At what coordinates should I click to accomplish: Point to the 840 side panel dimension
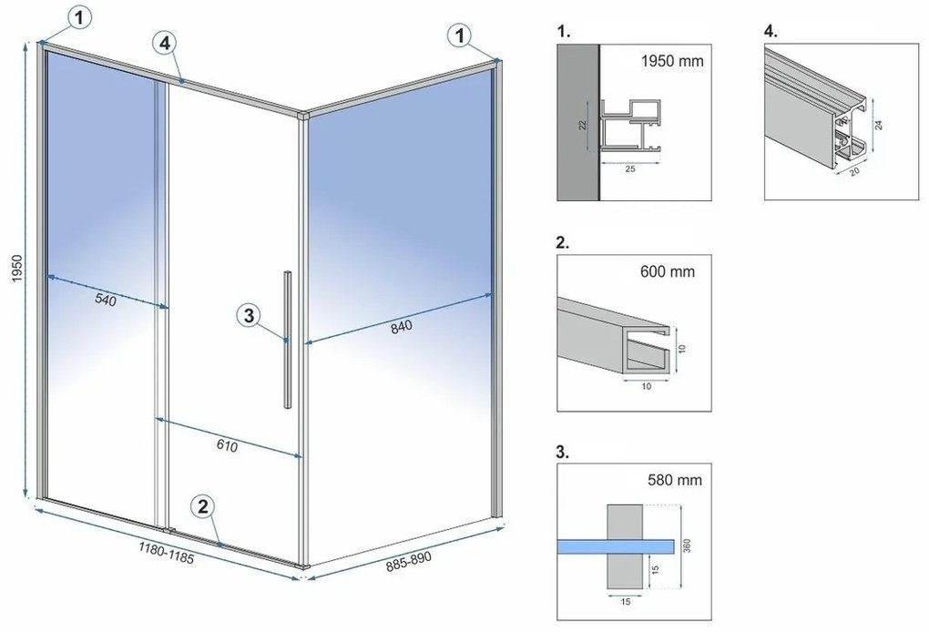[x=401, y=328]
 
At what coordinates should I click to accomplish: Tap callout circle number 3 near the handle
[x=251, y=316]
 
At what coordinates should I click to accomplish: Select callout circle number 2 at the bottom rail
[x=203, y=506]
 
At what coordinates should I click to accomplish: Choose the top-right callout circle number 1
[x=461, y=35]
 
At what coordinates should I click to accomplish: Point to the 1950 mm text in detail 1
[x=671, y=63]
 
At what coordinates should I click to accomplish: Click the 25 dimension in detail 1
[x=629, y=168]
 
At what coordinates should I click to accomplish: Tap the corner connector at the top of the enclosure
[x=303, y=116]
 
